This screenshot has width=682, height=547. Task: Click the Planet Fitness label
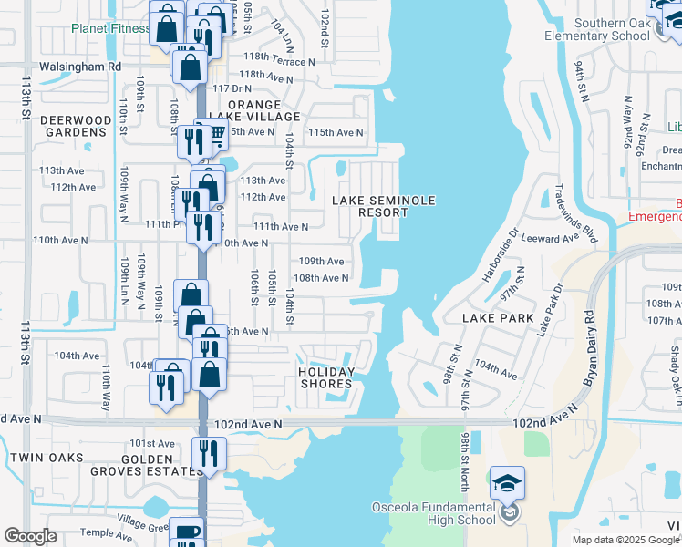point(111,28)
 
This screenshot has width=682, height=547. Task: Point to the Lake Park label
point(497,318)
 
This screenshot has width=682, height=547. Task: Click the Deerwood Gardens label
point(64,126)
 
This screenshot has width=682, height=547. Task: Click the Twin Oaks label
point(46,458)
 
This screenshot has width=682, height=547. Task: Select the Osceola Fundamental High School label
point(433,514)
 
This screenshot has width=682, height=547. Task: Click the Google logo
point(31,536)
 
